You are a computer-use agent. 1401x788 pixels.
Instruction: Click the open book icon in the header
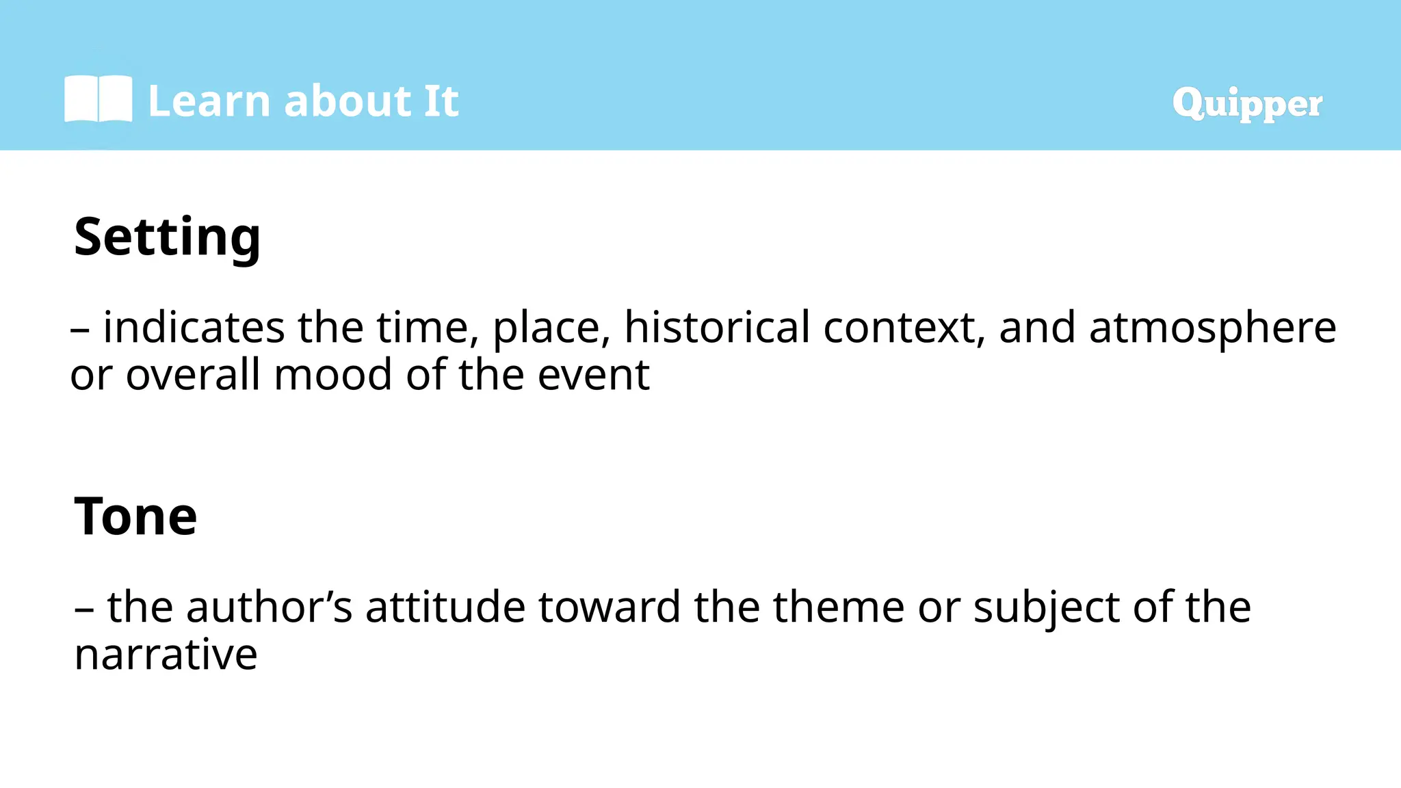point(99,100)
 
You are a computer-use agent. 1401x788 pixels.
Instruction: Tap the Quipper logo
point(1247,104)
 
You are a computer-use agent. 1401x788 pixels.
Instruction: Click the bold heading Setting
point(167,237)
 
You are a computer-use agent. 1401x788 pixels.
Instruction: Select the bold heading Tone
point(135,516)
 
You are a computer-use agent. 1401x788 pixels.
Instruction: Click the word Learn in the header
point(209,102)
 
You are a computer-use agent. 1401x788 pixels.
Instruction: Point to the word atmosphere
point(1212,328)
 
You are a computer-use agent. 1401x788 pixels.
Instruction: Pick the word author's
point(269,607)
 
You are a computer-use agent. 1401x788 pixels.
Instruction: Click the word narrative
point(166,655)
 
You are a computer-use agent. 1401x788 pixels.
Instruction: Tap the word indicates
point(194,328)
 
